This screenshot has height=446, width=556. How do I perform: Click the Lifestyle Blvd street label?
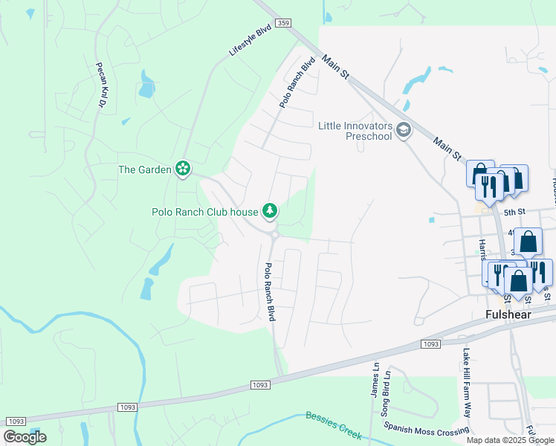[250, 42]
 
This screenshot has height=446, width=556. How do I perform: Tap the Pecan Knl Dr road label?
[100, 85]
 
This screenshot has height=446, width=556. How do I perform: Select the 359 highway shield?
[282, 24]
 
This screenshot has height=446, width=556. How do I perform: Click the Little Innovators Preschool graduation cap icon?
[404, 131]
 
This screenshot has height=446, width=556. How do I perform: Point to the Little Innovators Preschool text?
[355, 131]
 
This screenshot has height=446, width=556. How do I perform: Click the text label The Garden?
[144, 169]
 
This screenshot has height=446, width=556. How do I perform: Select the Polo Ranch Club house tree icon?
[270, 212]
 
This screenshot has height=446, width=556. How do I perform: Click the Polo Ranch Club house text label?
[204, 212]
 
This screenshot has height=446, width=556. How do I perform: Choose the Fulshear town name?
[508, 314]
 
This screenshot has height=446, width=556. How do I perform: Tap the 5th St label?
[514, 212]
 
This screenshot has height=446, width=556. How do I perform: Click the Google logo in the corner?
[25, 437]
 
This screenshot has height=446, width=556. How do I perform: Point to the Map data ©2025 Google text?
[510, 440]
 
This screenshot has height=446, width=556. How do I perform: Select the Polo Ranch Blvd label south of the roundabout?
[271, 291]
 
